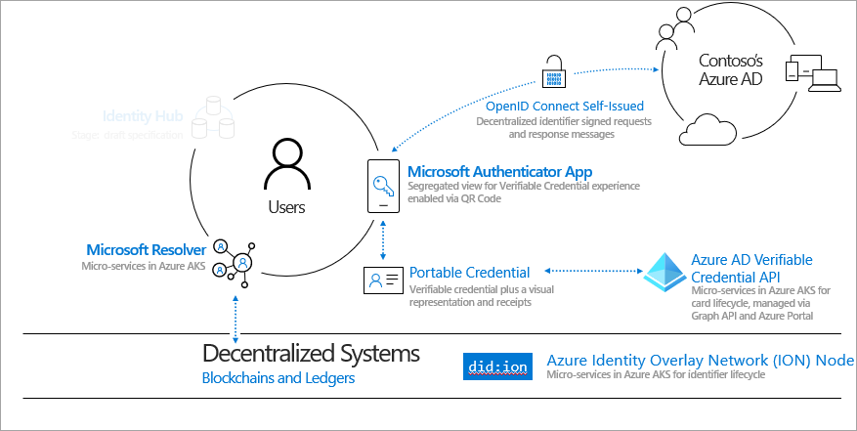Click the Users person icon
[286, 164]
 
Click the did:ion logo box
[498, 366]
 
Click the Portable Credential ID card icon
[382, 280]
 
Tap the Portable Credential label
[469, 273]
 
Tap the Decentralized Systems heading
[311, 353]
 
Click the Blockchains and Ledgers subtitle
[279, 377]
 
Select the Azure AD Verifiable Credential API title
[751, 268]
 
